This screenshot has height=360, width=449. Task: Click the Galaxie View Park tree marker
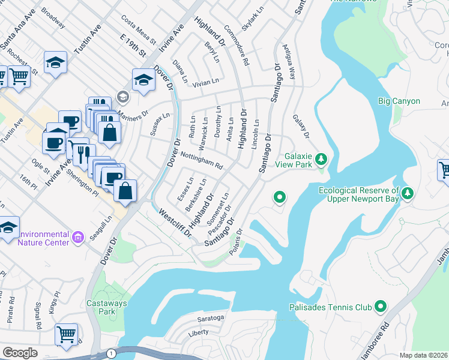pos(322,160)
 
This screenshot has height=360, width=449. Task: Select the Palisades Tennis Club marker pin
pos(380,307)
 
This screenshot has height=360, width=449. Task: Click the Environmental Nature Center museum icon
pos(77,238)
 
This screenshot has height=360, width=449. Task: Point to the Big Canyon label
pos(399,101)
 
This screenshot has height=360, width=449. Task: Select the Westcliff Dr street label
pos(175,223)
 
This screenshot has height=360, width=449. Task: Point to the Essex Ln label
pos(185,188)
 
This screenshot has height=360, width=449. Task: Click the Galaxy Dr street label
pos(301,127)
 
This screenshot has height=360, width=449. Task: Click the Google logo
pos(20,353)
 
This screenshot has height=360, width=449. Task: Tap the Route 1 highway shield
pos(112,353)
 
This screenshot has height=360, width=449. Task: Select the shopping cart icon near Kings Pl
pos(66,334)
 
